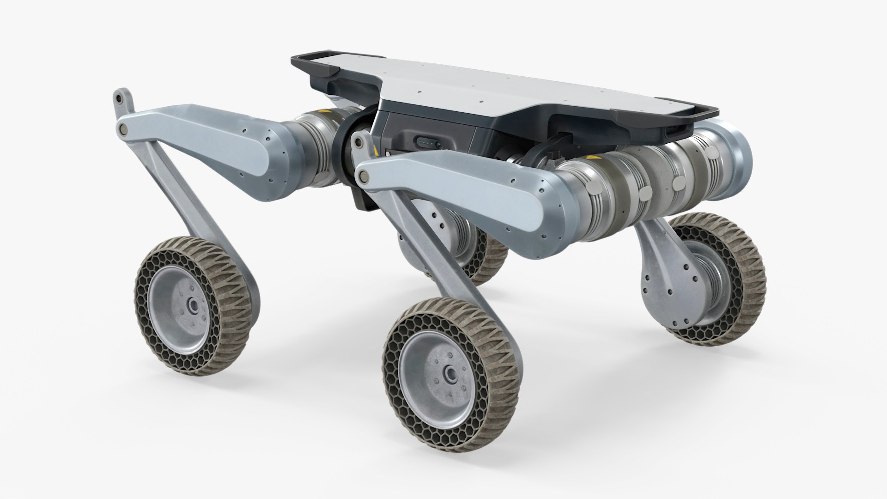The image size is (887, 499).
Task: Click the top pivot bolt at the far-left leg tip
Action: [x=120, y=98]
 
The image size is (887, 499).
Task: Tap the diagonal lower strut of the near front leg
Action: [x=443, y=259]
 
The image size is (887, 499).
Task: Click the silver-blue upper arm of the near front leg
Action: [x=462, y=189]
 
